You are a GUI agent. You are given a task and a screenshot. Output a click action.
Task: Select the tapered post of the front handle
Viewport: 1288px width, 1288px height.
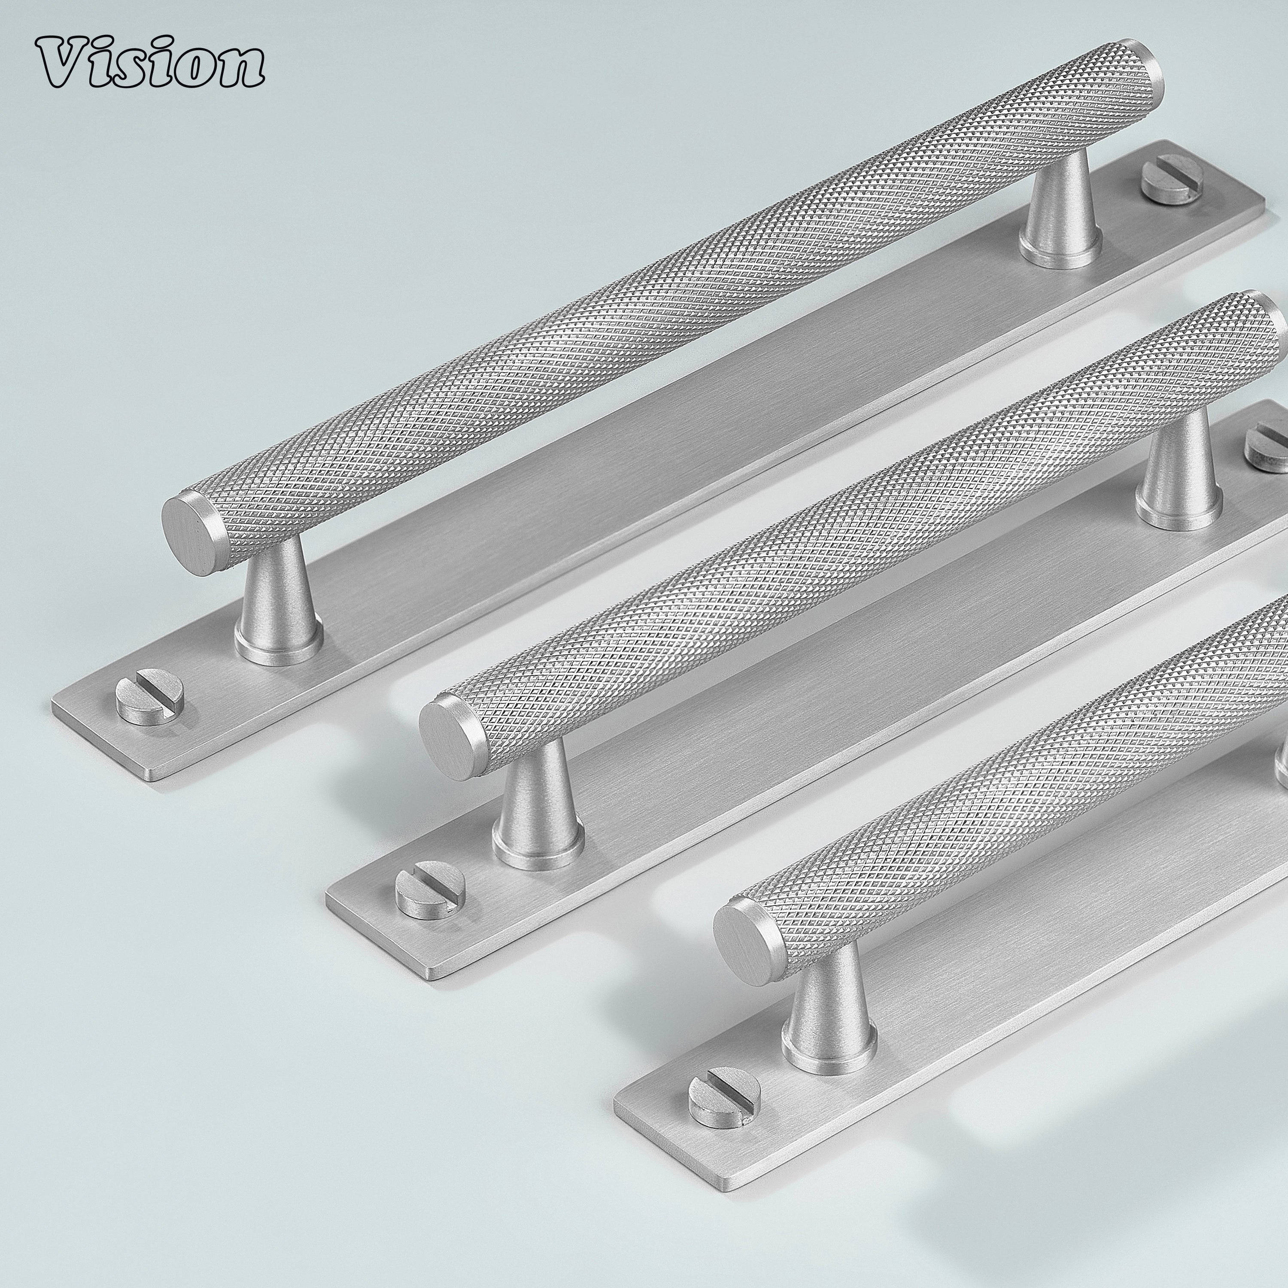(828, 1027)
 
